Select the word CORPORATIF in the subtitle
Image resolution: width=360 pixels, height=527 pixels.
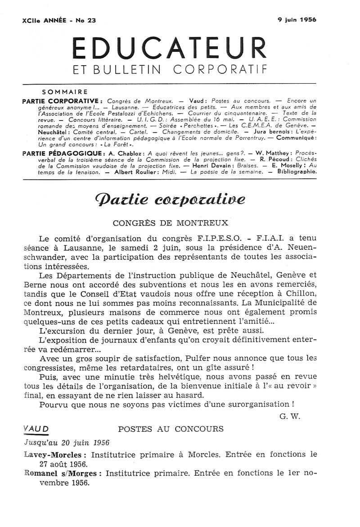coord(220,70)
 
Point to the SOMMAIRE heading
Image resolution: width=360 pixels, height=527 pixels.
coord(64,92)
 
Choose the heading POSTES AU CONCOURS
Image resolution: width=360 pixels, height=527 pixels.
coord(171,429)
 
